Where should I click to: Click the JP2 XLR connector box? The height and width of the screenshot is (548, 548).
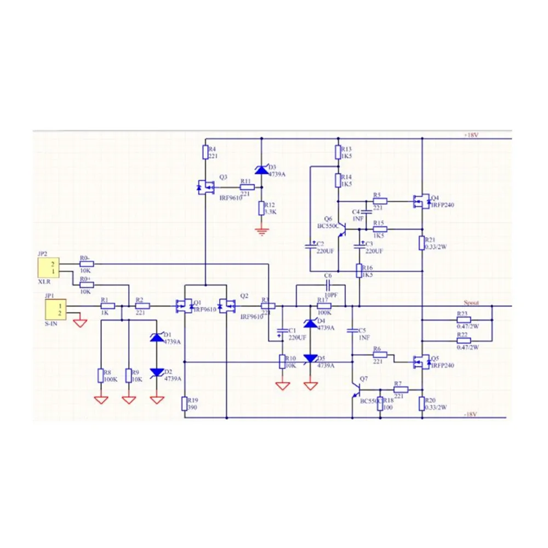coord(48,268)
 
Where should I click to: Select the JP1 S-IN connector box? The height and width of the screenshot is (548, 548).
coord(55,309)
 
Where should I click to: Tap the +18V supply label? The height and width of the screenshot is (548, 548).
coord(471,134)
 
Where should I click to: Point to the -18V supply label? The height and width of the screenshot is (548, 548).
coord(471,414)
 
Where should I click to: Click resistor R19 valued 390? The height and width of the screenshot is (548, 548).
coord(185,404)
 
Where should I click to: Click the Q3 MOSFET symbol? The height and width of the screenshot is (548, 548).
coord(205,187)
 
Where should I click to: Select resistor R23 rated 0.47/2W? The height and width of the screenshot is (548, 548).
coord(464,319)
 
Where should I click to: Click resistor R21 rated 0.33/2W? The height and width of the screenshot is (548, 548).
coord(422,243)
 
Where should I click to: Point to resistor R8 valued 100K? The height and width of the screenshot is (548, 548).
coord(101,375)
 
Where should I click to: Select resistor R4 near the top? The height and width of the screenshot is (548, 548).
coord(205,152)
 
